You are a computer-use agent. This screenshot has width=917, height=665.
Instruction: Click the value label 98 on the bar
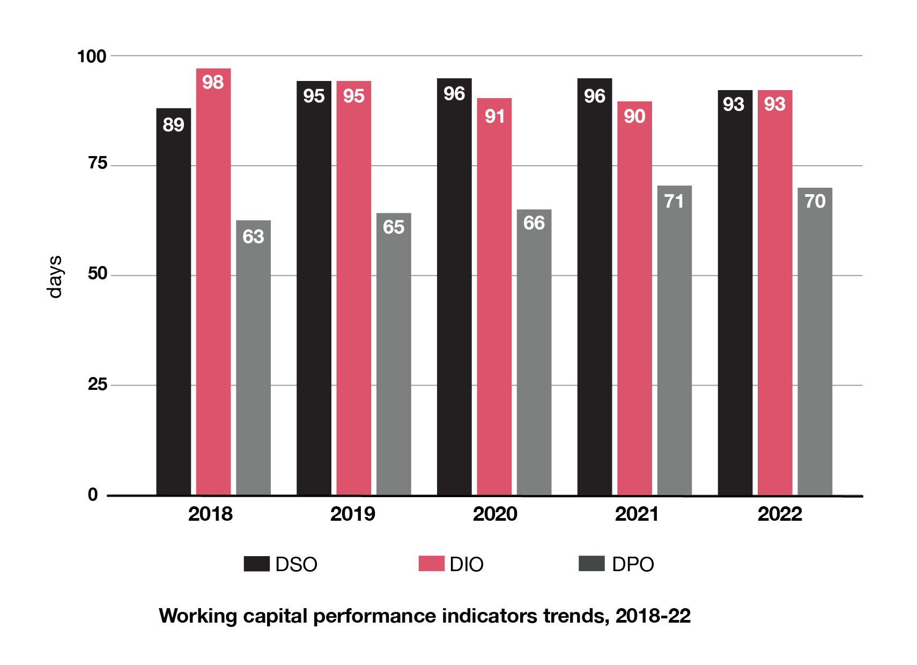pos(213,82)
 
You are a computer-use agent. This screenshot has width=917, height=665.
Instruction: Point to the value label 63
pos(253,237)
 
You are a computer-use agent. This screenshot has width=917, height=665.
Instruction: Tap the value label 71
pos(674,201)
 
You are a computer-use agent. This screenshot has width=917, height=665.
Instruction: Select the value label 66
pos(534,223)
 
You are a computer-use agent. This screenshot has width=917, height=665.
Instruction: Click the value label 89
pos(173,125)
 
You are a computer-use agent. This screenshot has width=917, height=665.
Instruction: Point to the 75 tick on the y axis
pos(98,163)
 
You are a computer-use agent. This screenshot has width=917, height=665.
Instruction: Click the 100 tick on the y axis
pos(92,56)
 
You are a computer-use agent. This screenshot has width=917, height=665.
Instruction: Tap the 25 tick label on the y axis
pos(98,384)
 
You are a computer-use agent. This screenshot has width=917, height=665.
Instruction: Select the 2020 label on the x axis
pos(495,514)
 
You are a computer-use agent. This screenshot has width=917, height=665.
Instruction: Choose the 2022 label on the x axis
pos(780,514)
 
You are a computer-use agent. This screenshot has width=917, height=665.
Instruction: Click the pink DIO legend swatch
pos(431,564)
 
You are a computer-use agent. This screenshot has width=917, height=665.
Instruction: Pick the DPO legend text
pos(633,564)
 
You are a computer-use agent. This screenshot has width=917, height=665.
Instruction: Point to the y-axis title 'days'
pos(55,277)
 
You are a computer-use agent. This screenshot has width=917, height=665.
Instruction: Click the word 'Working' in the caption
pos(198,616)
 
